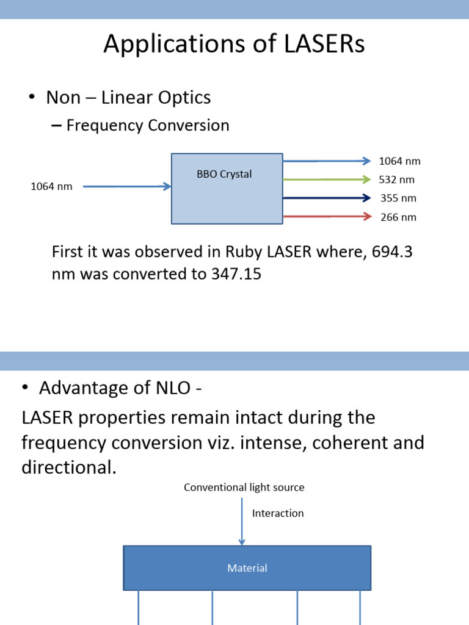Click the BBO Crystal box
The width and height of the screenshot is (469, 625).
tap(227, 189)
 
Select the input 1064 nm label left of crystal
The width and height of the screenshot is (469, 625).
tap(51, 187)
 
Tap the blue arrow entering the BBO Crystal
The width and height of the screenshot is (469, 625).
tap(126, 186)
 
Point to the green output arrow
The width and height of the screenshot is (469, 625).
tap(327, 179)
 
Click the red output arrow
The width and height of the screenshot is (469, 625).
tap(327, 216)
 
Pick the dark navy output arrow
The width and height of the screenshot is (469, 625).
tap(327, 198)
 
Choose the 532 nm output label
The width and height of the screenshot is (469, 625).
tap(398, 179)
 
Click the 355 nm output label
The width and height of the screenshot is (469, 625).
tap(398, 198)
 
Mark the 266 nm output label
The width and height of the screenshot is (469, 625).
tap(398, 217)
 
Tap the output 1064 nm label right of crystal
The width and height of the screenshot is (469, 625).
tap(399, 161)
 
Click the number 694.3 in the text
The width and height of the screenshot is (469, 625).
tap(390, 251)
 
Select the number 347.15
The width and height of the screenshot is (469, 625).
tap(236, 274)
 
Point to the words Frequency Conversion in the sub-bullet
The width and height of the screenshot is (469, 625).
tap(148, 126)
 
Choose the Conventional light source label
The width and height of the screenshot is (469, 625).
tap(244, 487)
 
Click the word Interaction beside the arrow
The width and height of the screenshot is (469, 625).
tap(278, 513)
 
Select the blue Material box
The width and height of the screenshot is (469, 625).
tap(247, 568)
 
